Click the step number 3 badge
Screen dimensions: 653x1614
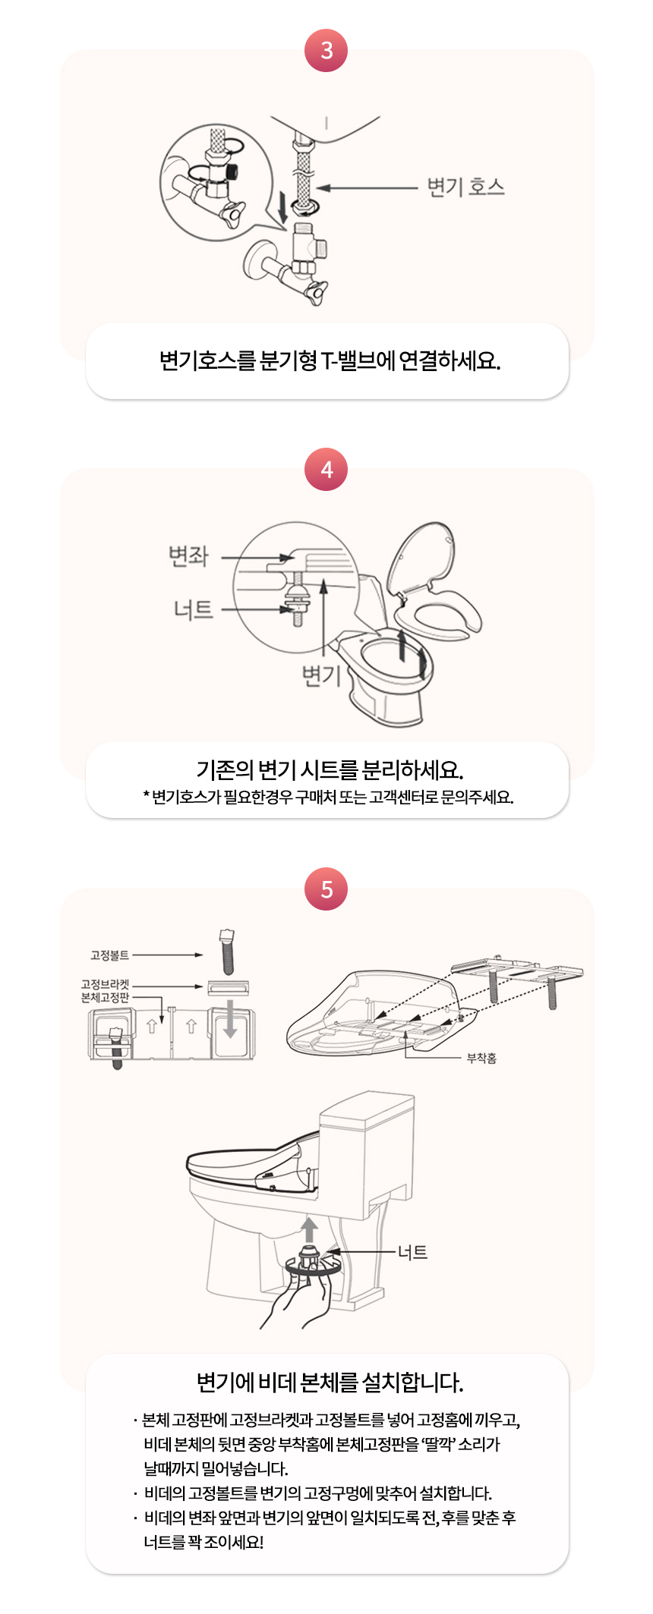point(326,50)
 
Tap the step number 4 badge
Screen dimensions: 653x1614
point(326,469)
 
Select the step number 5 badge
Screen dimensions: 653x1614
point(326,889)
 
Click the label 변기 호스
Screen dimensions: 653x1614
point(465,187)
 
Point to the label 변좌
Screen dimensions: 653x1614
point(188,555)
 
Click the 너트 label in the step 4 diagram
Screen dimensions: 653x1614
point(193,609)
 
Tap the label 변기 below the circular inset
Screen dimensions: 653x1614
point(321,673)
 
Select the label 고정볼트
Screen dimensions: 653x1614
point(109,955)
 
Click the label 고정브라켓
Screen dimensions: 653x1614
point(105,984)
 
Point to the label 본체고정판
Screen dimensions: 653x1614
point(105,997)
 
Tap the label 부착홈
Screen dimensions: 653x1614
point(481,1058)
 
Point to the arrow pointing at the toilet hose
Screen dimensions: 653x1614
point(368,187)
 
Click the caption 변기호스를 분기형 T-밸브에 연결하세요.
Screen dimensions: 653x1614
point(330,360)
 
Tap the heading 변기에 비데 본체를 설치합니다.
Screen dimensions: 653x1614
point(330,1382)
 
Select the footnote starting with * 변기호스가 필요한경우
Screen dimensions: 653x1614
point(328,797)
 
